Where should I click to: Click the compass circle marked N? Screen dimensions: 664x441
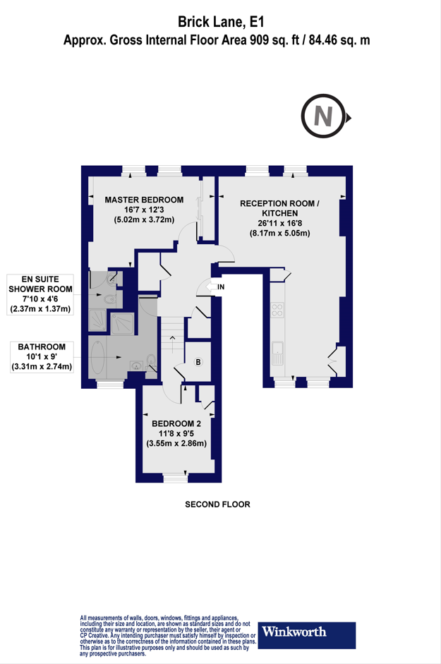coord(323,116)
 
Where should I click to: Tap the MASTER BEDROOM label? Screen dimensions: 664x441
coord(144,200)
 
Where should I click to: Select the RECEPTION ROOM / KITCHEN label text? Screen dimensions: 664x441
coord(279,208)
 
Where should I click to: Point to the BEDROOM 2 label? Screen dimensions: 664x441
coord(176,423)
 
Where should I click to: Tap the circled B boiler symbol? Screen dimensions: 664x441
coord(198,363)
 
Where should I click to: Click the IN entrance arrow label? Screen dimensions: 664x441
coord(220,287)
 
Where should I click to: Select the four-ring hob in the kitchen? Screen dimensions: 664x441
coord(277,309)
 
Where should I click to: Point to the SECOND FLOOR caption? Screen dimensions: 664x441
coord(217,505)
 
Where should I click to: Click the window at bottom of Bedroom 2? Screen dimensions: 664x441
coord(176,478)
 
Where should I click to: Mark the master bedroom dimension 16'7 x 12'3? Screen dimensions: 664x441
coord(144,210)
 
